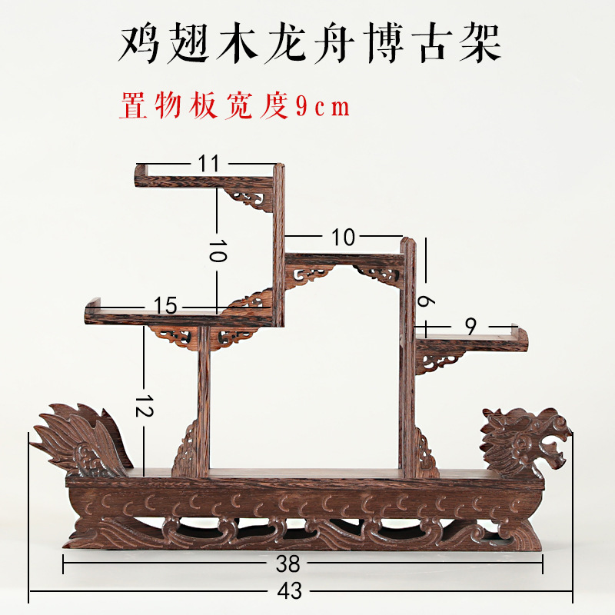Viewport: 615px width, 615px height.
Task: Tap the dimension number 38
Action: pos(288,563)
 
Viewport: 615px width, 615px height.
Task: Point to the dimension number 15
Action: pos(165,305)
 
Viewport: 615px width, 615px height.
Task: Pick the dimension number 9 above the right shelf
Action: pos(470,327)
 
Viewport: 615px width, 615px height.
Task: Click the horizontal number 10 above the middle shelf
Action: pos(343,238)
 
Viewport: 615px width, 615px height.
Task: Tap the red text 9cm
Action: pos(323,107)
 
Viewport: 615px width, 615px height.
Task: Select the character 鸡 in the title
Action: pos(138,44)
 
